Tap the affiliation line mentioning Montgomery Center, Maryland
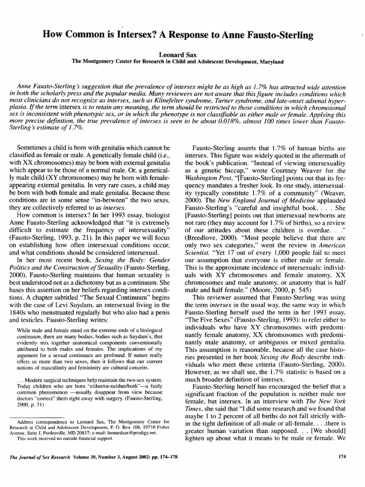click(182, 61)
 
